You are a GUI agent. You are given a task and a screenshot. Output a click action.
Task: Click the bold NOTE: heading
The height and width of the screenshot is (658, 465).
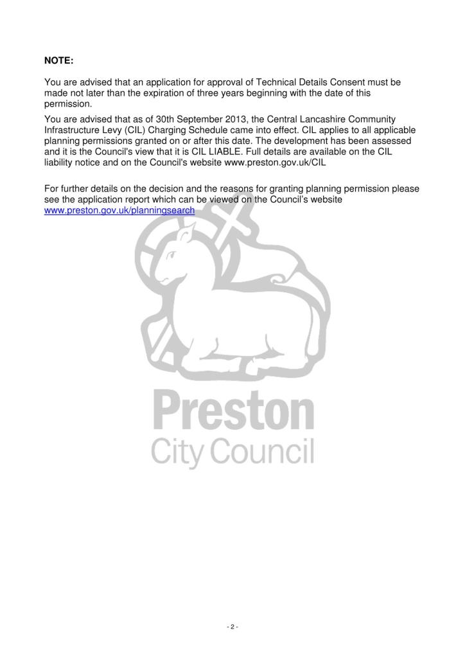coord(59,60)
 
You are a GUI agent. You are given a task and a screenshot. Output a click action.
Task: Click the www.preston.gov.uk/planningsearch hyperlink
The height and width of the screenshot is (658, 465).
coord(119,210)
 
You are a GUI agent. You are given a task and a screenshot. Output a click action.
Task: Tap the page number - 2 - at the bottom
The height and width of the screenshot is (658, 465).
coord(232,627)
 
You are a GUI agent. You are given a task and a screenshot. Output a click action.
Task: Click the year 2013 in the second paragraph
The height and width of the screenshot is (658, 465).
coord(229,118)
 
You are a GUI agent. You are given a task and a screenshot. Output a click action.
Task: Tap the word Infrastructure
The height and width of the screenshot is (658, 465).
coord(71,129)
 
